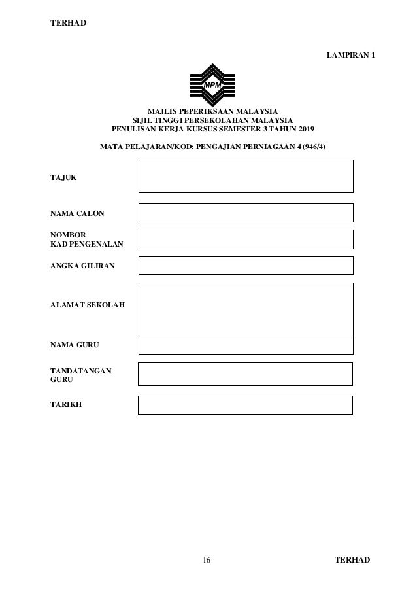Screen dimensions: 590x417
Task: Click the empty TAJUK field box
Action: coord(246,176)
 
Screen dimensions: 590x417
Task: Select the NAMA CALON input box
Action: coord(246,213)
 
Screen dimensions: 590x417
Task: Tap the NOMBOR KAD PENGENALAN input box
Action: coord(246,239)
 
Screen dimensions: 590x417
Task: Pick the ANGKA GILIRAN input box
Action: coord(246,266)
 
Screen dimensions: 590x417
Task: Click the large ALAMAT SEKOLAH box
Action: coord(246,309)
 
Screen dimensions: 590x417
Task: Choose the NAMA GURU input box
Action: coord(246,345)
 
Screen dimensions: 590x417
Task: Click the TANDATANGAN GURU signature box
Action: coord(246,374)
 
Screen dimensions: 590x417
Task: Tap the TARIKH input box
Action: coord(246,405)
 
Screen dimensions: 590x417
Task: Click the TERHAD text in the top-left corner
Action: coord(69,24)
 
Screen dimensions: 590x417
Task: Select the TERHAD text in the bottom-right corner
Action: coord(352,561)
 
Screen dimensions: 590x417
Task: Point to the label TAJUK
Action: coord(63,177)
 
